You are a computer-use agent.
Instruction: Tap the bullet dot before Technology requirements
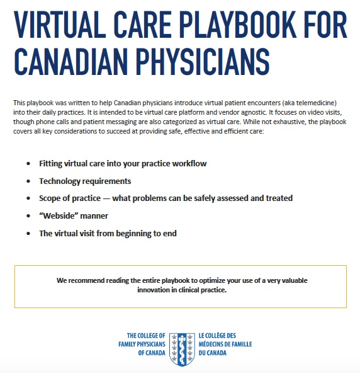pyautogui.click(x=28, y=181)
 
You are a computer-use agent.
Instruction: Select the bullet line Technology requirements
pyautogui.click(x=85, y=181)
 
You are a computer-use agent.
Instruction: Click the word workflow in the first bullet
pyautogui.click(x=188, y=164)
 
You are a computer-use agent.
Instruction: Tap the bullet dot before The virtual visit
pyautogui.click(x=28, y=234)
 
